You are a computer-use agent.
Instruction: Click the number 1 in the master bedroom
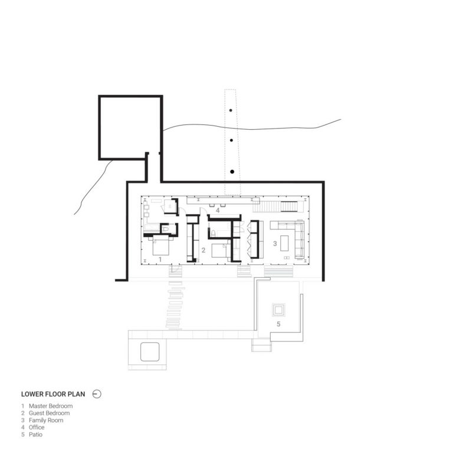pyautogui.click(x=160, y=260)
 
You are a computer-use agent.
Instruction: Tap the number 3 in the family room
pyautogui.click(x=275, y=244)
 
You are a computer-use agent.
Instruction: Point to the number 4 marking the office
pyautogui.click(x=218, y=211)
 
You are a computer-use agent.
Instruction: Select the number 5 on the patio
pyautogui.click(x=278, y=324)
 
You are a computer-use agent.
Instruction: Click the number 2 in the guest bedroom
pyautogui.click(x=203, y=250)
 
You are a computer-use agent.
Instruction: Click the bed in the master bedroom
pyautogui.click(x=160, y=245)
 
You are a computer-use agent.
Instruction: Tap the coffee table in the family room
pyautogui.click(x=284, y=243)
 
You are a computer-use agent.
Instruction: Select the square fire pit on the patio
pyautogui.click(x=278, y=310)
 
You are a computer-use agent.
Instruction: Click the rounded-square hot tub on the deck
pyautogui.click(x=150, y=352)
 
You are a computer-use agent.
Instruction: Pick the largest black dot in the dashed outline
pyautogui.click(x=232, y=172)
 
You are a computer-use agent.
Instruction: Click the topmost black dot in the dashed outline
pyautogui.click(x=231, y=110)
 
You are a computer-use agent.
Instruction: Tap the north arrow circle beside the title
pyautogui.click(x=97, y=394)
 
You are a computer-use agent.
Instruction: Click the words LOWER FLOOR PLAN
pyautogui.click(x=53, y=394)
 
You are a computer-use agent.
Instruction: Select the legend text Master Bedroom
pyautogui.click(x=51, y=406)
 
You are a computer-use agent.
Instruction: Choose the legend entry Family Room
pyautogui.click(x=46, y=421)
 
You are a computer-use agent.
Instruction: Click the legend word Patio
pyautogui.click(x=35, y=435)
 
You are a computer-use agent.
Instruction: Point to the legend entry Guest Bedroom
pyautogui.click(x=49, y=413)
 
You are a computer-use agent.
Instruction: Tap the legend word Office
pyautogui.click(x=37, y=427)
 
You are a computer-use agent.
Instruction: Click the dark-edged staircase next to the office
pyautogui.click(x=289, y=206)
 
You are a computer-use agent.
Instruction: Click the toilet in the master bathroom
pyautogui.click(x=166, y=229)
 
